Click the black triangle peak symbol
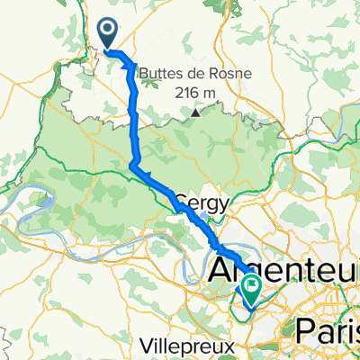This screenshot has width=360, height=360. tap(194, 113)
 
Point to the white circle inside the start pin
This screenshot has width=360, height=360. tap(107, 31)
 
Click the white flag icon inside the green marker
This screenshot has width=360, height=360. tap(250, 288)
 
